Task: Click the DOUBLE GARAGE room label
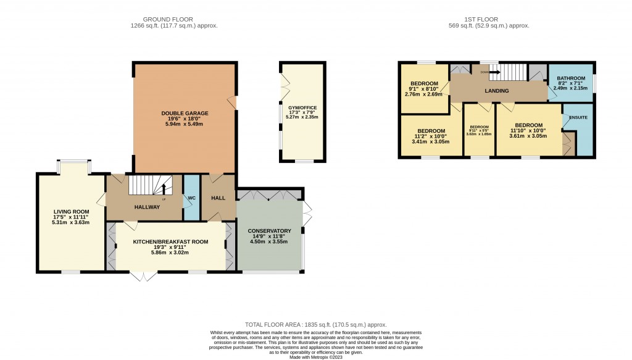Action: point(185,114)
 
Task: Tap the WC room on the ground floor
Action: point(191,198)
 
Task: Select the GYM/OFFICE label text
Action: point(301,107)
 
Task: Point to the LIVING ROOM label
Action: point(71,212)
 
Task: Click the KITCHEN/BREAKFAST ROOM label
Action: point(170,241)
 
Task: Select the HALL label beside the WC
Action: point(218,198)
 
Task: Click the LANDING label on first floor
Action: point(497,91)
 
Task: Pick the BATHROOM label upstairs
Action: point(571,78)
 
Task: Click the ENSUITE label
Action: point(578,117)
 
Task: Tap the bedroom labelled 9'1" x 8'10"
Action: point(424,84)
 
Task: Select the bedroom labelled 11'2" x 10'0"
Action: point(431,131)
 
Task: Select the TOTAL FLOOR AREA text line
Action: point(315,324)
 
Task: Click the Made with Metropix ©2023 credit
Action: point(315,356)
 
